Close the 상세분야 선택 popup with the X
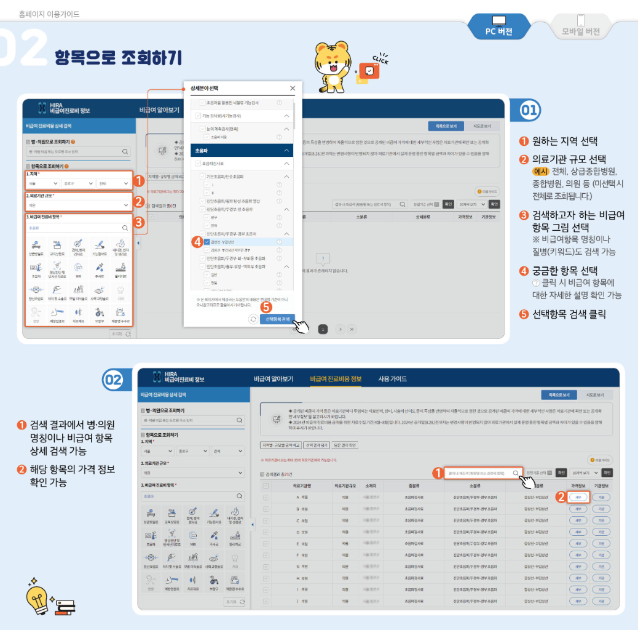tap(292, 88)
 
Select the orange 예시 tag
tap(540, 171)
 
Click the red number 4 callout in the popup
tap(197, 242)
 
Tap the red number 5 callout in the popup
tap(266, 306)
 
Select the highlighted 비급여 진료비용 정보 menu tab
tap(336, 378)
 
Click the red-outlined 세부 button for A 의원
tap(578, 496)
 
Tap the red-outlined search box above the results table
tap(483, 473)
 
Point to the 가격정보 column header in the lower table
tap(577, 485)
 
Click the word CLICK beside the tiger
tap(380, 59)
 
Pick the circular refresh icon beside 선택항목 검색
tap(253, 319)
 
